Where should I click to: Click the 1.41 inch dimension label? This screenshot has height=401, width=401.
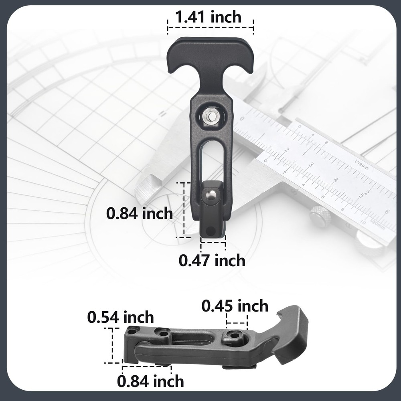tap(208, 17)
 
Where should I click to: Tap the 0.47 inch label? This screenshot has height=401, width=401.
tap(212, 261)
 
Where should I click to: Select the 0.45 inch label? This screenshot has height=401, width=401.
tap(235, 306)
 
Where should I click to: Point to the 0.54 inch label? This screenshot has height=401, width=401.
tap(120, 317)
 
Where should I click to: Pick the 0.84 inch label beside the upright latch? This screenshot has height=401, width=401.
tap(139, 213)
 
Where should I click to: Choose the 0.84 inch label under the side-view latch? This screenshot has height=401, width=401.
tap(151, 381)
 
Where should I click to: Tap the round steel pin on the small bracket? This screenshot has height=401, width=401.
tap(211, 195)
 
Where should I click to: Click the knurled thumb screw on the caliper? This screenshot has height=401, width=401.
tap(320, 217)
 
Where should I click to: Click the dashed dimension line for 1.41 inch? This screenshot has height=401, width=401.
tap(211, 28)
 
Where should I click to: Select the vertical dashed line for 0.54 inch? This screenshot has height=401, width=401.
tap(111, 345)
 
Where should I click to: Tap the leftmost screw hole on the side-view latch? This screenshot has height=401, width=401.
tap(133, 331)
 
